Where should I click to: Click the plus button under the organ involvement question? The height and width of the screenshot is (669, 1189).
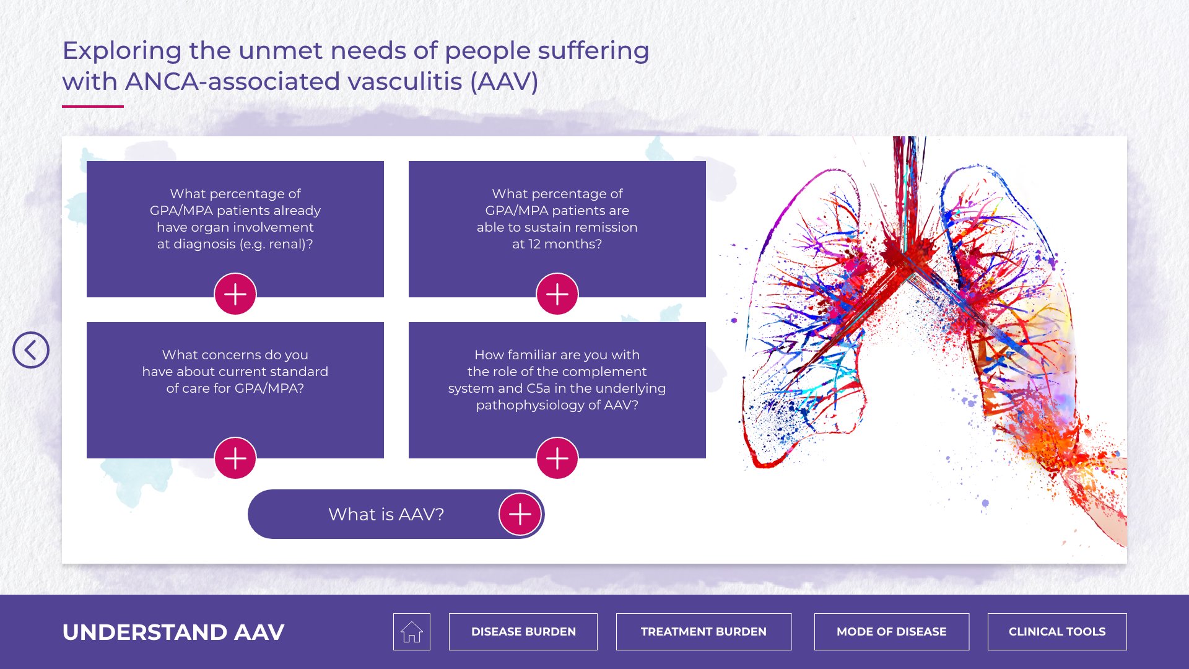tap(235, 294)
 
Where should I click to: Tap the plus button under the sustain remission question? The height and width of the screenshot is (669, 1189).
tap(557, 294)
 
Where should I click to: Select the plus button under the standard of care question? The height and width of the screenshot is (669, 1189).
tap(235, 458)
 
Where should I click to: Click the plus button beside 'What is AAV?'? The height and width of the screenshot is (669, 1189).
tap(520, 514)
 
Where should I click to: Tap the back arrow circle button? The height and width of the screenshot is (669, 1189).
tap(31, 350)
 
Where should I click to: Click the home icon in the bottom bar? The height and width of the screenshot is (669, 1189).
tap(412, 632)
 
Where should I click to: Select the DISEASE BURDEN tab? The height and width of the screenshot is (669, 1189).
tap(523, 632)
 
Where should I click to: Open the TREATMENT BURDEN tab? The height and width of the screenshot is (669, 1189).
tap(703, 632)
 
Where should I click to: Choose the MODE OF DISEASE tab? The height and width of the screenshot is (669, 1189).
tap(892, 632)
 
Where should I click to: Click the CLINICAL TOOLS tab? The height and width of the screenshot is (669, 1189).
tap(1057, 632)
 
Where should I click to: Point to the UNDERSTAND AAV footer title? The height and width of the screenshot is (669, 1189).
tap(173, 632)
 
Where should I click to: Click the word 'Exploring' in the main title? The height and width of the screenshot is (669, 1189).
tap(122, 51)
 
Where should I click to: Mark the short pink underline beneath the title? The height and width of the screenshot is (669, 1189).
tap(93, 107)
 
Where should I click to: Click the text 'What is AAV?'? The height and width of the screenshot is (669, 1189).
tap(386, 514)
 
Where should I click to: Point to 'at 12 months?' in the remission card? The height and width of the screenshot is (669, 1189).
tap(557, 244)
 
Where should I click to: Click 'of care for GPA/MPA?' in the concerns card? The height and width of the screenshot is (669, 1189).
tap(235, 388)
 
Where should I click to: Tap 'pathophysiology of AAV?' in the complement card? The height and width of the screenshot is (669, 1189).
tap(557, 405)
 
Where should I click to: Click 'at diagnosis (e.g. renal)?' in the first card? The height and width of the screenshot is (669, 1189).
tap(235, 244)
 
